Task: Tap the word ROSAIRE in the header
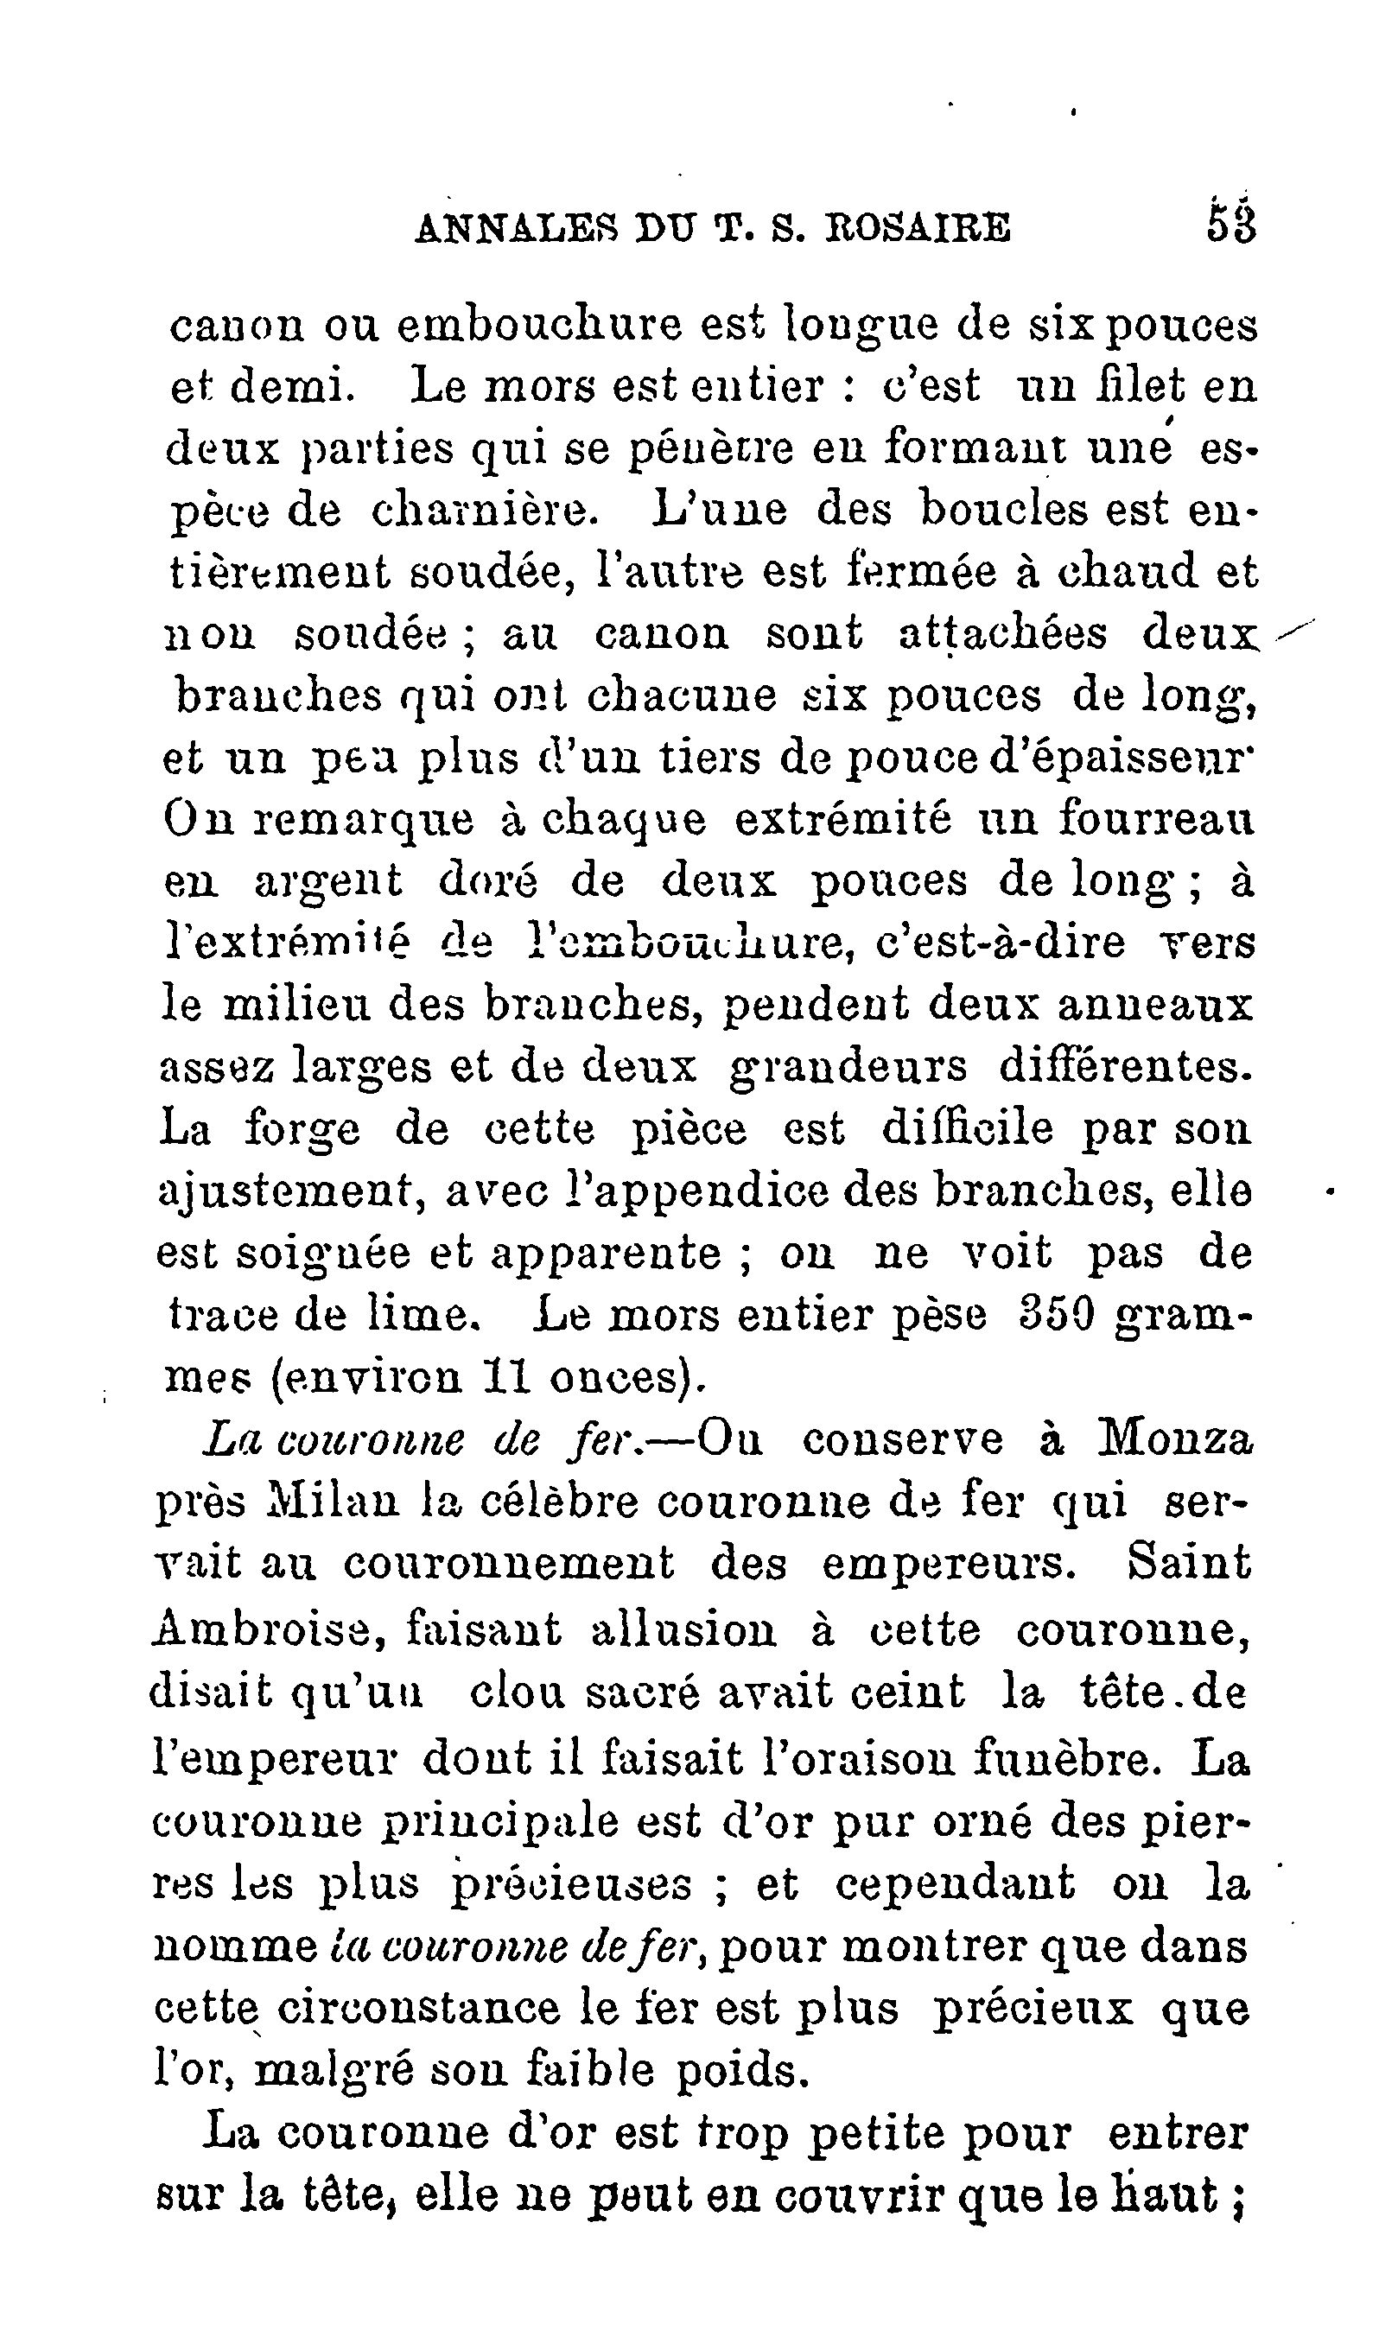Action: point(918,228)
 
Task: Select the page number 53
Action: point(1231,226)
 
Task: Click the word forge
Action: point(302,1130)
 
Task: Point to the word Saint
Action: point(1188,1565)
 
